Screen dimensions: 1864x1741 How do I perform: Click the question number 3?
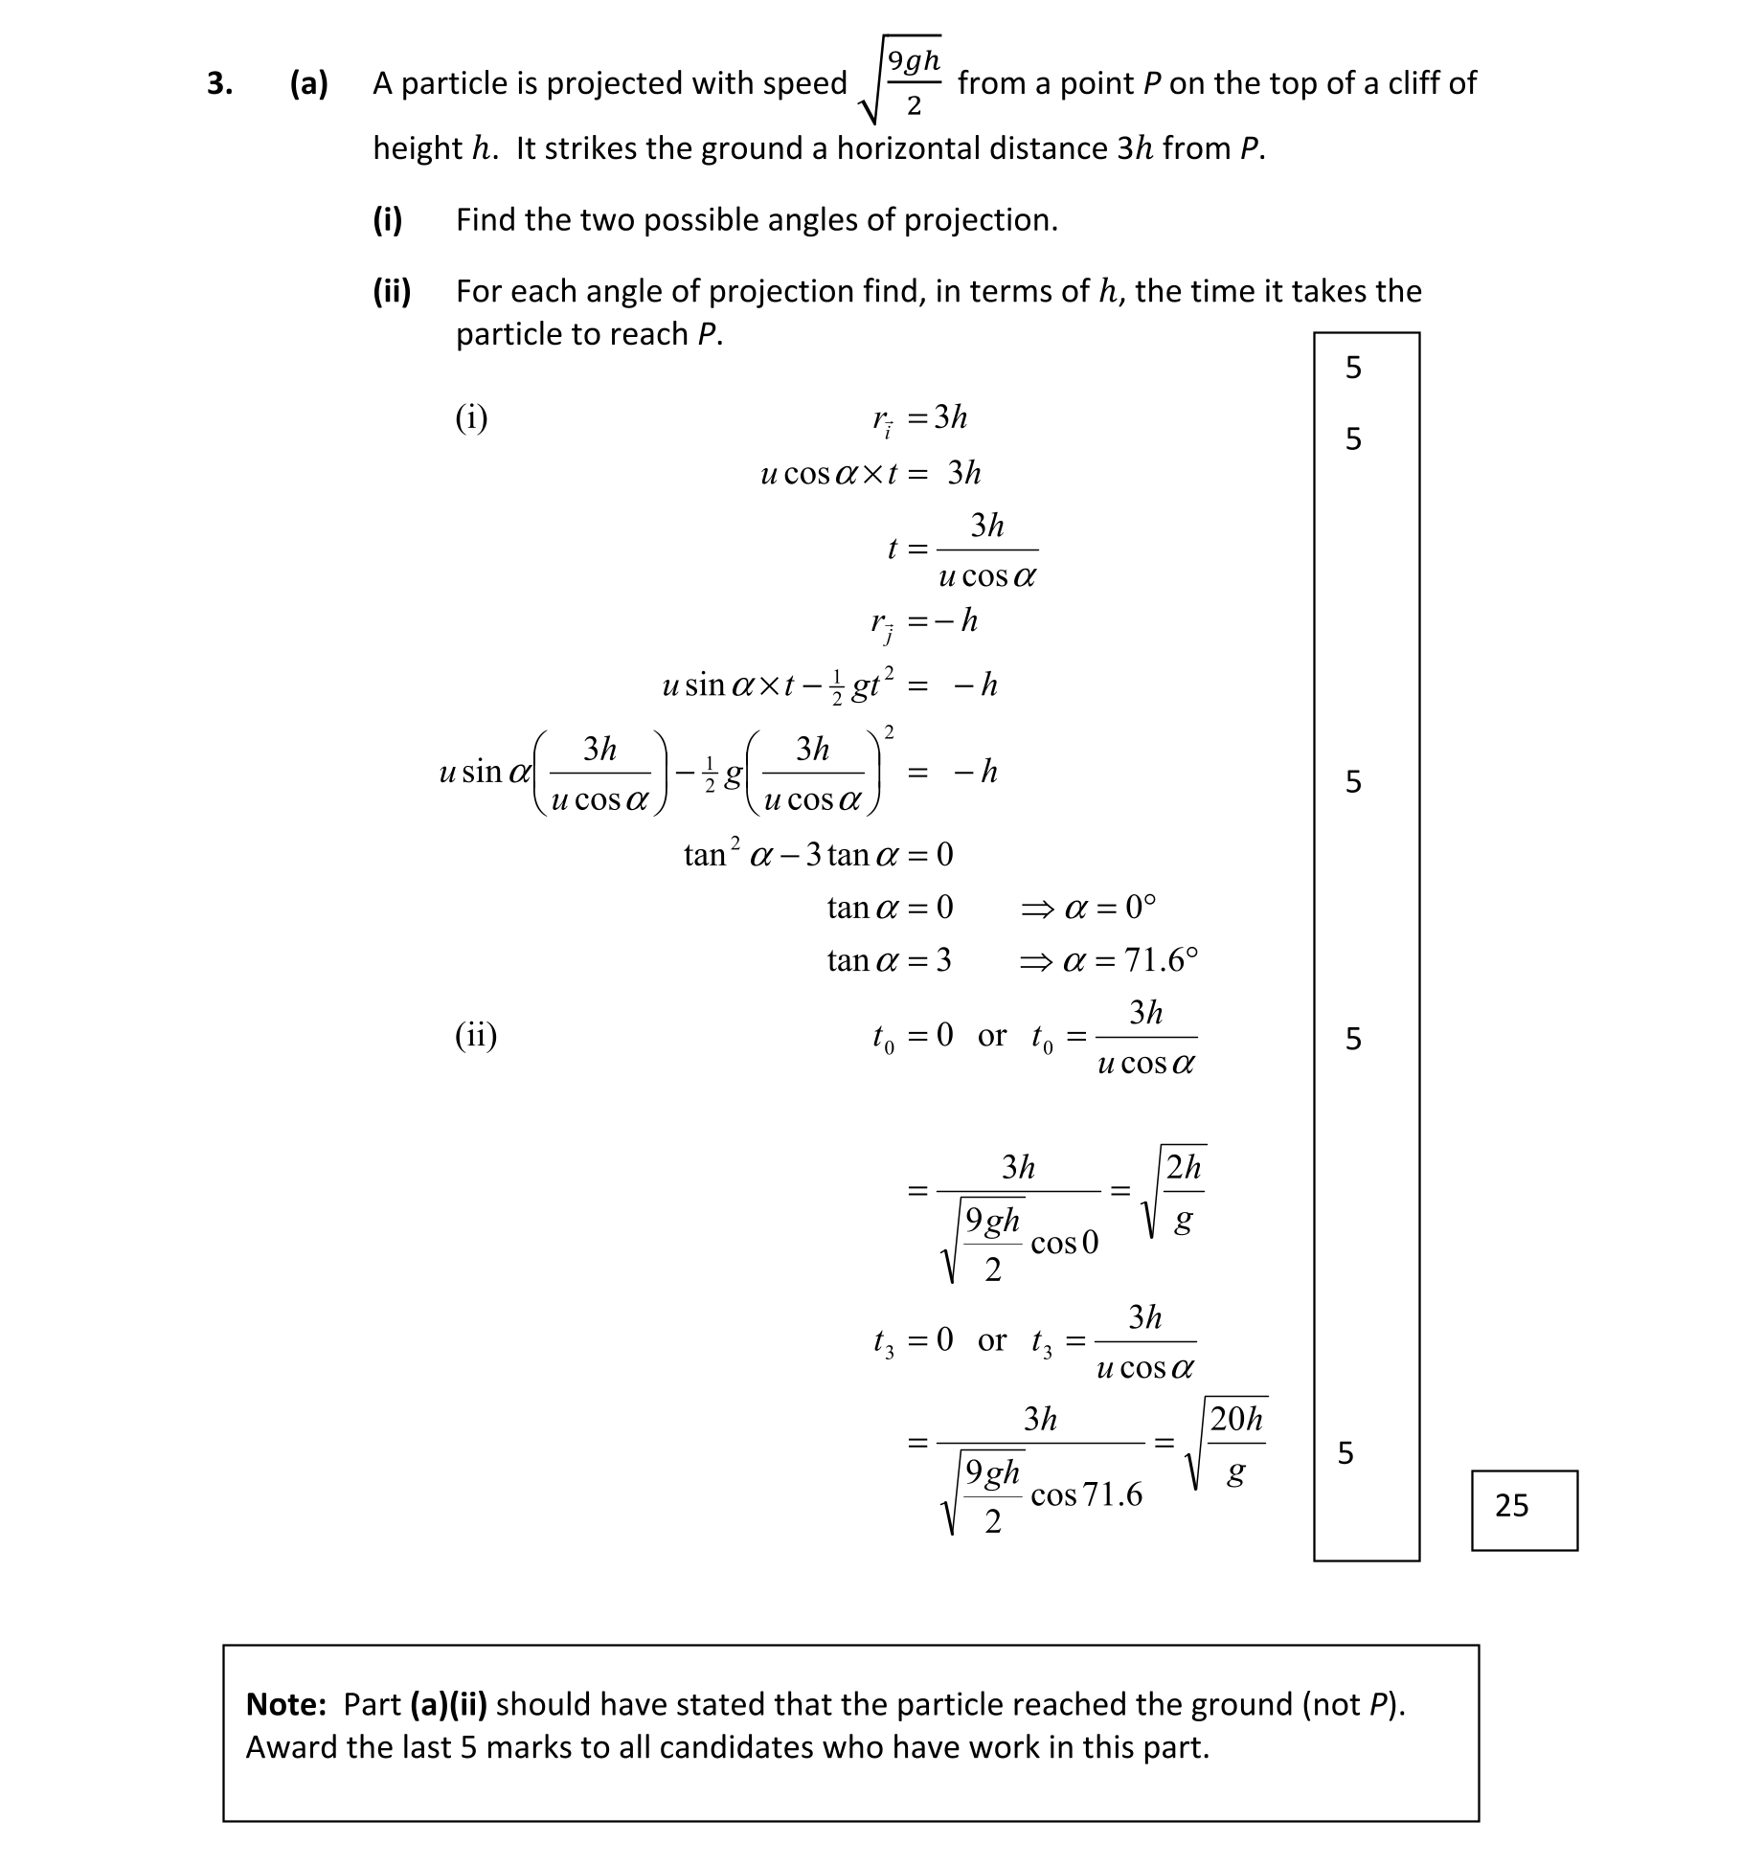[x=219, y=84]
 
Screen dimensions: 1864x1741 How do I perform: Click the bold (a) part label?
[x=308, y=84]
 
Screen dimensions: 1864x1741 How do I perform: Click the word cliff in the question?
[x=1416, y=83]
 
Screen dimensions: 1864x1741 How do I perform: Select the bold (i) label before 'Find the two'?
[x=387, y=220]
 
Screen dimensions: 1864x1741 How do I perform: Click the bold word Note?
[x=286, y=1704]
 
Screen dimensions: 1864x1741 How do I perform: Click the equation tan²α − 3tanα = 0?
[x=818, y=854]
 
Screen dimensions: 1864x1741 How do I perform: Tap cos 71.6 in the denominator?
[x=1086, y=1495]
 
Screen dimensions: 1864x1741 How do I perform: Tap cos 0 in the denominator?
[x=1064, y=1244]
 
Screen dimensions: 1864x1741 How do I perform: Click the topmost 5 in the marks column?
[x=1352, y=368]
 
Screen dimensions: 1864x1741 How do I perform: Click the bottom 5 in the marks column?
[x=1345, y=1453]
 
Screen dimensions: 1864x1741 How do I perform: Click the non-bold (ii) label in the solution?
[x=475, y=1036]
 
